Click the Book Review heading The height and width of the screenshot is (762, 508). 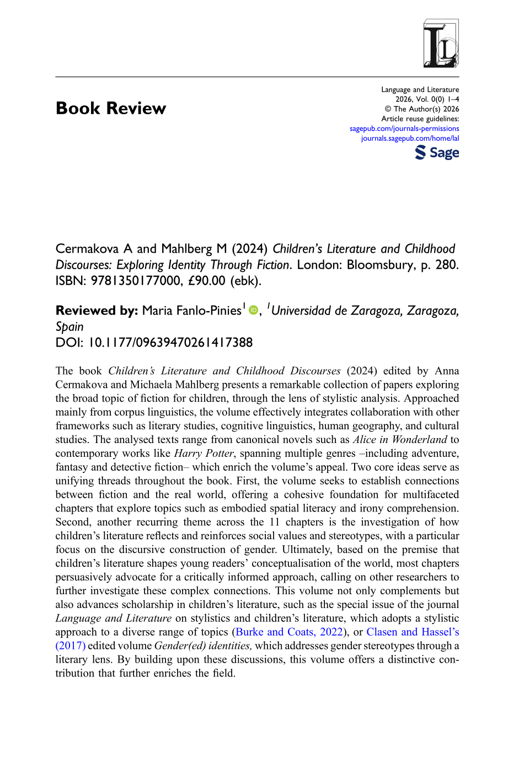111,108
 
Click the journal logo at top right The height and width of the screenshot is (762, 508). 441,44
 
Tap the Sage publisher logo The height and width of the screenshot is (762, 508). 437,152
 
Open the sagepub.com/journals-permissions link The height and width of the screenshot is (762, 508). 404,129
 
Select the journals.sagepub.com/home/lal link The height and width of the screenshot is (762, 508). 410,138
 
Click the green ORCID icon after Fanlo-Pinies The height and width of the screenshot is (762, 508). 253,311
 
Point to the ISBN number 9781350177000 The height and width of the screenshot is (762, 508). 136,281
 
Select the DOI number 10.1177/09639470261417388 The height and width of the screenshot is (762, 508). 170,343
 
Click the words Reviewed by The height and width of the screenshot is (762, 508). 97,311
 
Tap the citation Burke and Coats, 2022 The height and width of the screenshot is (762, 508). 289,632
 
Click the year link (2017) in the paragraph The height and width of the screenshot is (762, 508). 71,646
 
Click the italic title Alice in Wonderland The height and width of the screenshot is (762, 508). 400,440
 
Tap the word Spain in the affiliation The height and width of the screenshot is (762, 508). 69,327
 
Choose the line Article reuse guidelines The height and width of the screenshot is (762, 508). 420,119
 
